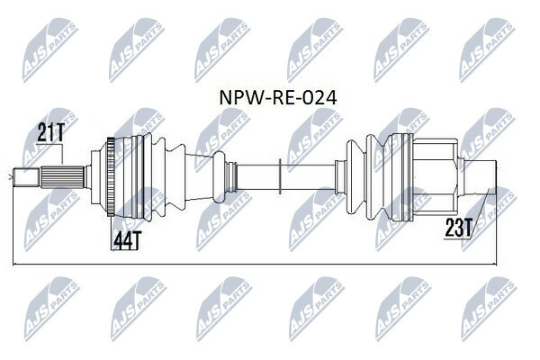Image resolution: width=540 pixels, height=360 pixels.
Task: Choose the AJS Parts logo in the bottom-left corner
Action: (x=49, y=306)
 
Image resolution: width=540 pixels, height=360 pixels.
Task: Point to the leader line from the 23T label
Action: (x=484, y=208)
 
